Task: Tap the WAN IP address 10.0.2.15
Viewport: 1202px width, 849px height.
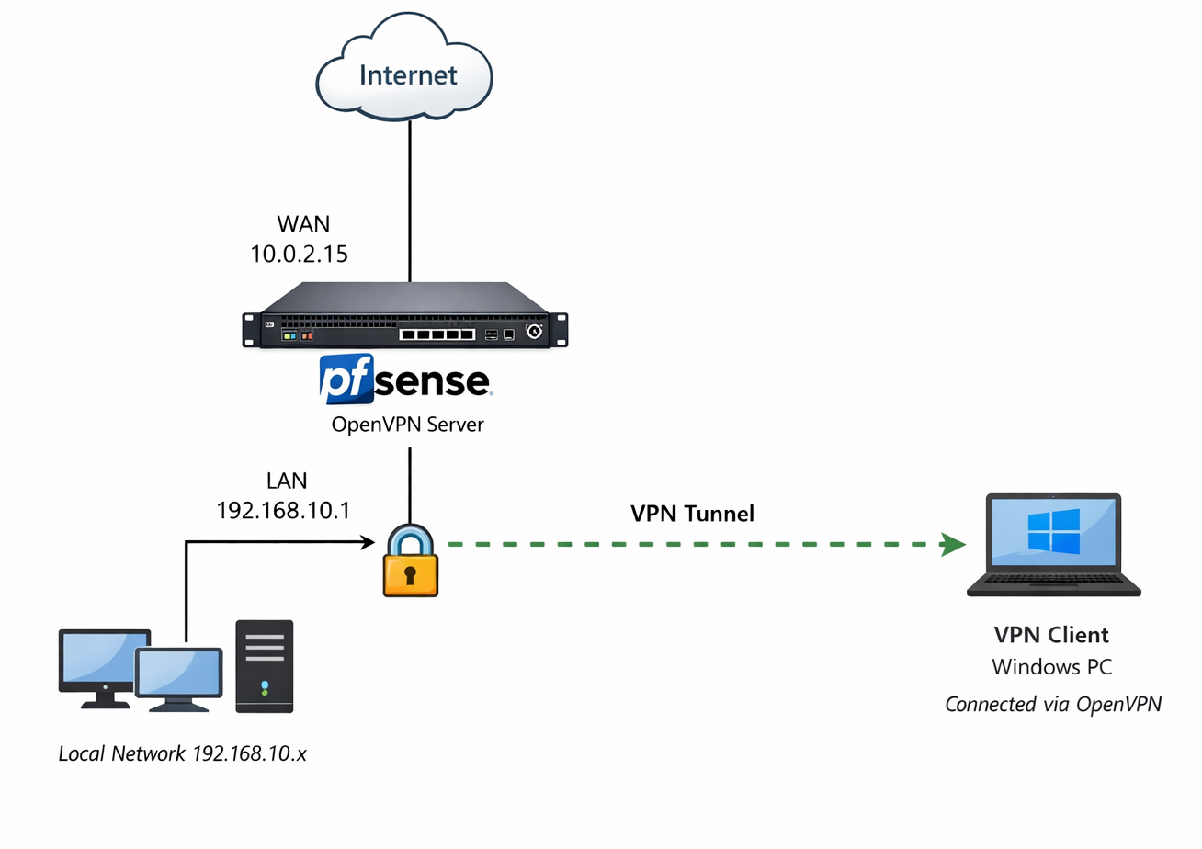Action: tap(300, 255)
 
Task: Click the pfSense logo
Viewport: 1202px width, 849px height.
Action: tap(405, 381)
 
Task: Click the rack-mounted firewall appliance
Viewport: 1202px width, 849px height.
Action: tap(405, 315)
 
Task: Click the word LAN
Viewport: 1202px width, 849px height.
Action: tap(287, 480)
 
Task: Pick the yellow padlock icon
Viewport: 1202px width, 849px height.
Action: tap(410, 562)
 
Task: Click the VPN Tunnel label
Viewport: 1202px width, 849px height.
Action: tap(692, 514)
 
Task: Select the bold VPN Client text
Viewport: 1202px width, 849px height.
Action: tap(1051, 634)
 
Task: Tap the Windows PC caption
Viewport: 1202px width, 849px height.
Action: tap(1052, 668)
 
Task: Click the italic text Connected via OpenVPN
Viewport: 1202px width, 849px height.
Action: tap(1053, 705)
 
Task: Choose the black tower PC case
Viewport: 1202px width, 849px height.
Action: tap(265, 666)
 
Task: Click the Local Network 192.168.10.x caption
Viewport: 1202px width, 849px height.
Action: tap(182, 753)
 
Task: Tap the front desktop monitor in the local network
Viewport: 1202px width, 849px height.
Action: tap(179, 674)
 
